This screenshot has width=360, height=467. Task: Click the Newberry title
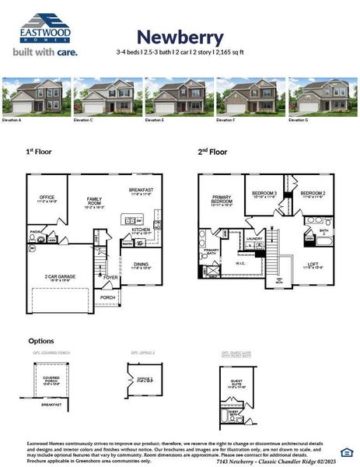(180, 37)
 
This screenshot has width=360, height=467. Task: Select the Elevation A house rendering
(35, 97)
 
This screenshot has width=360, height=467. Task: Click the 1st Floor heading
(39, 153)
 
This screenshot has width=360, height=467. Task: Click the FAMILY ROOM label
(94, 201)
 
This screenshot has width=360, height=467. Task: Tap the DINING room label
(141, 265)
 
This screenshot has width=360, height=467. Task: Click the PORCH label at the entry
(107, 297)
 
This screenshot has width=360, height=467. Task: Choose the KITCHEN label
(141, 230)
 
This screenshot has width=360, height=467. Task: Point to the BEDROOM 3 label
(265, 192)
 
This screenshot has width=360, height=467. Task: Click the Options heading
(41, 340)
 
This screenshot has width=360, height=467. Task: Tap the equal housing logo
(346, 451)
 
